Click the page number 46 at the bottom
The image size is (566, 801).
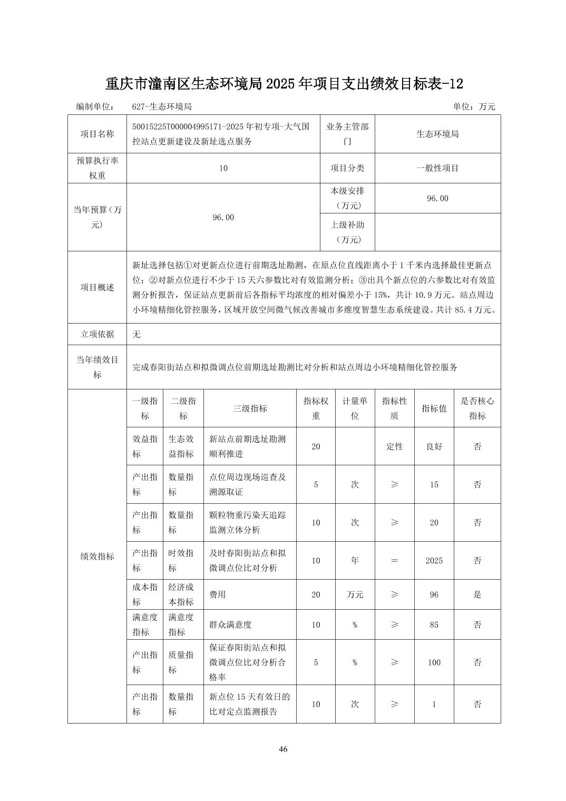[283, 749]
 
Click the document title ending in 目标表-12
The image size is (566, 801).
[284, 84]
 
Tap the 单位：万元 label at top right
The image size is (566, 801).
[474, 106]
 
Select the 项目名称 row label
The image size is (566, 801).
[97, 134]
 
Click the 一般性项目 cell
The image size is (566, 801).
[437, 168]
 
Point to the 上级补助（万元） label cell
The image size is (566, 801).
[347, 232]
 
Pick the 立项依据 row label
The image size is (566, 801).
[97, 334]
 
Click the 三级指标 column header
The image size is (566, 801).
[250, 408]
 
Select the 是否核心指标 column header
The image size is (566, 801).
[477, 408]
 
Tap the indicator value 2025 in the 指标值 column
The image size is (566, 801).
[434, 561]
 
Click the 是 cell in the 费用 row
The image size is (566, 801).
[477, 594]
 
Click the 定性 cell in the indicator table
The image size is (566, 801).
[394, 446]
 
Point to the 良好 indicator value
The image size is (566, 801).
[434, 446]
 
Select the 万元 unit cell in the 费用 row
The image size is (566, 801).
[355, 594]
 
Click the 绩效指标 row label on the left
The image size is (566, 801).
[97, 556]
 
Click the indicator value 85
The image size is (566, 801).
[434, 624]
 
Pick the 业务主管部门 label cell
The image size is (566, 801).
[347, 134]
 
